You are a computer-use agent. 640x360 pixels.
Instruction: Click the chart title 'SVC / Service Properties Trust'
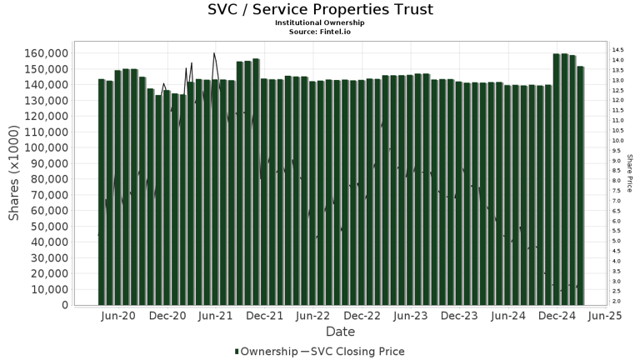point(320,10)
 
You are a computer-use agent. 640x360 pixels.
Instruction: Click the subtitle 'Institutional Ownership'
point(320,22)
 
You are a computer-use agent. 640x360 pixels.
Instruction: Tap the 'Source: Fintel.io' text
point(320,31)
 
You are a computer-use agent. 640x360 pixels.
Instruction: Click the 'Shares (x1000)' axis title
point(14,179)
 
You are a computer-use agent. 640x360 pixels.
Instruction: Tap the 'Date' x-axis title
point(340,332)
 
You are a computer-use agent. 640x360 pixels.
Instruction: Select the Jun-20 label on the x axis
point(118,317)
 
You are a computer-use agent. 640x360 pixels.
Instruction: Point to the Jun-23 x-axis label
point(411,317)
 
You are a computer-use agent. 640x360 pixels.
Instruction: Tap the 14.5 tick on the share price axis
point(617,50)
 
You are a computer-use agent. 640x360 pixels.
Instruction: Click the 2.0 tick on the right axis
point(617,302)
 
